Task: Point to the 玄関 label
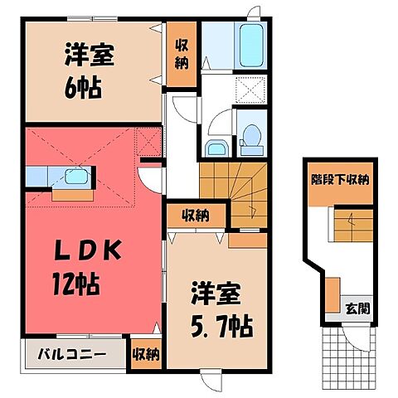click(x=357, y=308)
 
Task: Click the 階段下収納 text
click(x=340, y=179)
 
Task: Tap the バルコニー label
click(x=70, y=354)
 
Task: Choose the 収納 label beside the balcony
click(x=146, y=355)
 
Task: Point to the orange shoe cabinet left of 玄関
click(x=332, y=297)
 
